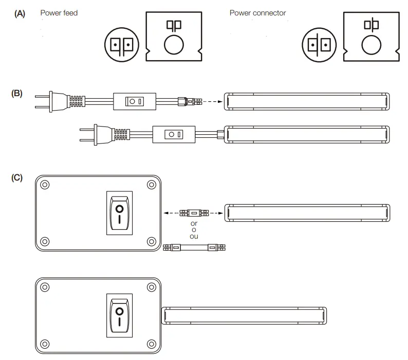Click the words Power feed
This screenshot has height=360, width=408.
click(x=59, y=13)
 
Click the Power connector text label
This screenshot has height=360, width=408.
click(x=257, y=13)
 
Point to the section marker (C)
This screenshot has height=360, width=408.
click(x=17, y=177)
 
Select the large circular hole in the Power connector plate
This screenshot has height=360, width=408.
click(x=372, y=45)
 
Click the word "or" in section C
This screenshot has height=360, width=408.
click(x=194, y=224)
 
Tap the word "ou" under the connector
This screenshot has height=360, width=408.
click(x=194, y=237)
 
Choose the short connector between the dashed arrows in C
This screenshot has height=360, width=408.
click(x=194, y=212)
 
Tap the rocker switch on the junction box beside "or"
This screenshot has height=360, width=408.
click(x=119, y=213)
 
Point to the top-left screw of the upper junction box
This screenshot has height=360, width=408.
click(x=45, y=185)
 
